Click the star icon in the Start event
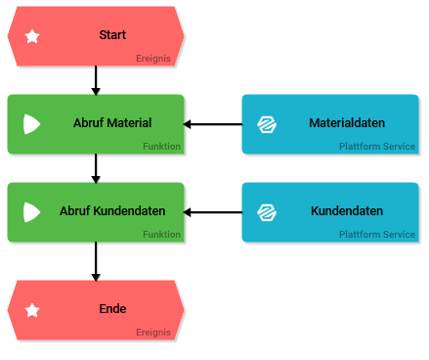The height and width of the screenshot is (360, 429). [x=32, y=36]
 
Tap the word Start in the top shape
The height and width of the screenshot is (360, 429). [x=112, y=35]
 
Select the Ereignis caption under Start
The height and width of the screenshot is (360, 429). [x=153, y=59]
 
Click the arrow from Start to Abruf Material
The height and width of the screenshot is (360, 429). [x=95, y=80]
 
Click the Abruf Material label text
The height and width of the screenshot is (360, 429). [x=112, y=123]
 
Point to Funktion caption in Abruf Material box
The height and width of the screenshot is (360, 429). [x=161, y=147]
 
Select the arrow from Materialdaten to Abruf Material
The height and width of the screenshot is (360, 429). [x=213, y=124]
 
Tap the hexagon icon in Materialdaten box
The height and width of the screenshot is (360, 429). [x=266, y=124]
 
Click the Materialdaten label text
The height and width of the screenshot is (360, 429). [x=346, y=123]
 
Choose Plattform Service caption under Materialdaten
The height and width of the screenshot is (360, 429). [x=376, y=147]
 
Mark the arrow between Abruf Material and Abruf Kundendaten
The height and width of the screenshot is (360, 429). [x=95, y=168]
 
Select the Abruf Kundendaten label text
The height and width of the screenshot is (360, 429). [x=112, y=211]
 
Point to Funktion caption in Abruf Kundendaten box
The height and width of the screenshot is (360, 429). [x=161, y=235]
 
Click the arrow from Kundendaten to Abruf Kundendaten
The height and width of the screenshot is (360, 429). [x=213, y=212]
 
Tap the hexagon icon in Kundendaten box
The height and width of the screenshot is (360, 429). [x=266, y=212]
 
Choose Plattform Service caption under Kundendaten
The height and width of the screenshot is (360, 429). [x=376, y=235]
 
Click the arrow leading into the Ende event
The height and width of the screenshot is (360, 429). [x=95, y=261]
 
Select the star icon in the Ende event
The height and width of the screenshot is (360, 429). [x=32, y=310]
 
